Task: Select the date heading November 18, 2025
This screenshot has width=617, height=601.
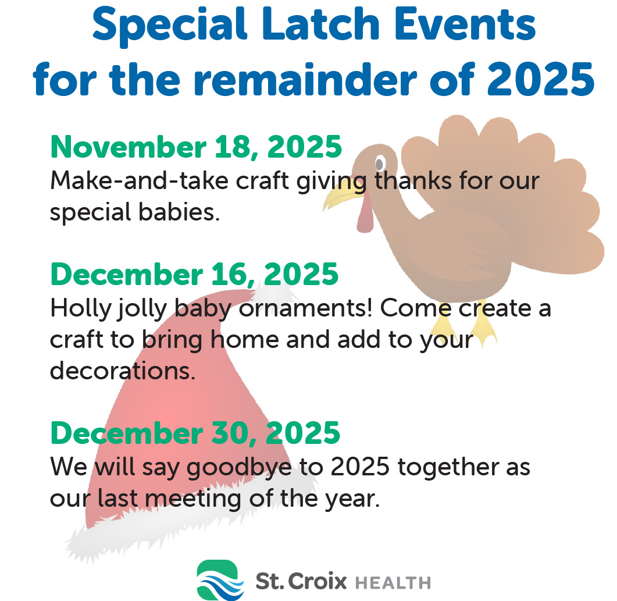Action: click(196, 147)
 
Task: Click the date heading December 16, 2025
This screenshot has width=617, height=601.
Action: click(194, 273)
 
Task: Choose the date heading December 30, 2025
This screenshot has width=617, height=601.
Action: click(195, 433)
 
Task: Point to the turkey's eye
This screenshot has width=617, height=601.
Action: click(379, 162)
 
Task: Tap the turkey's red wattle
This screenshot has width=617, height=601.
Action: click(365, 217)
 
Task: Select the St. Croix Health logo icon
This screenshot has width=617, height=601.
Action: click(217, 579)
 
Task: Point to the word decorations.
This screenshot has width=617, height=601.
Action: click(123, 371)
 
